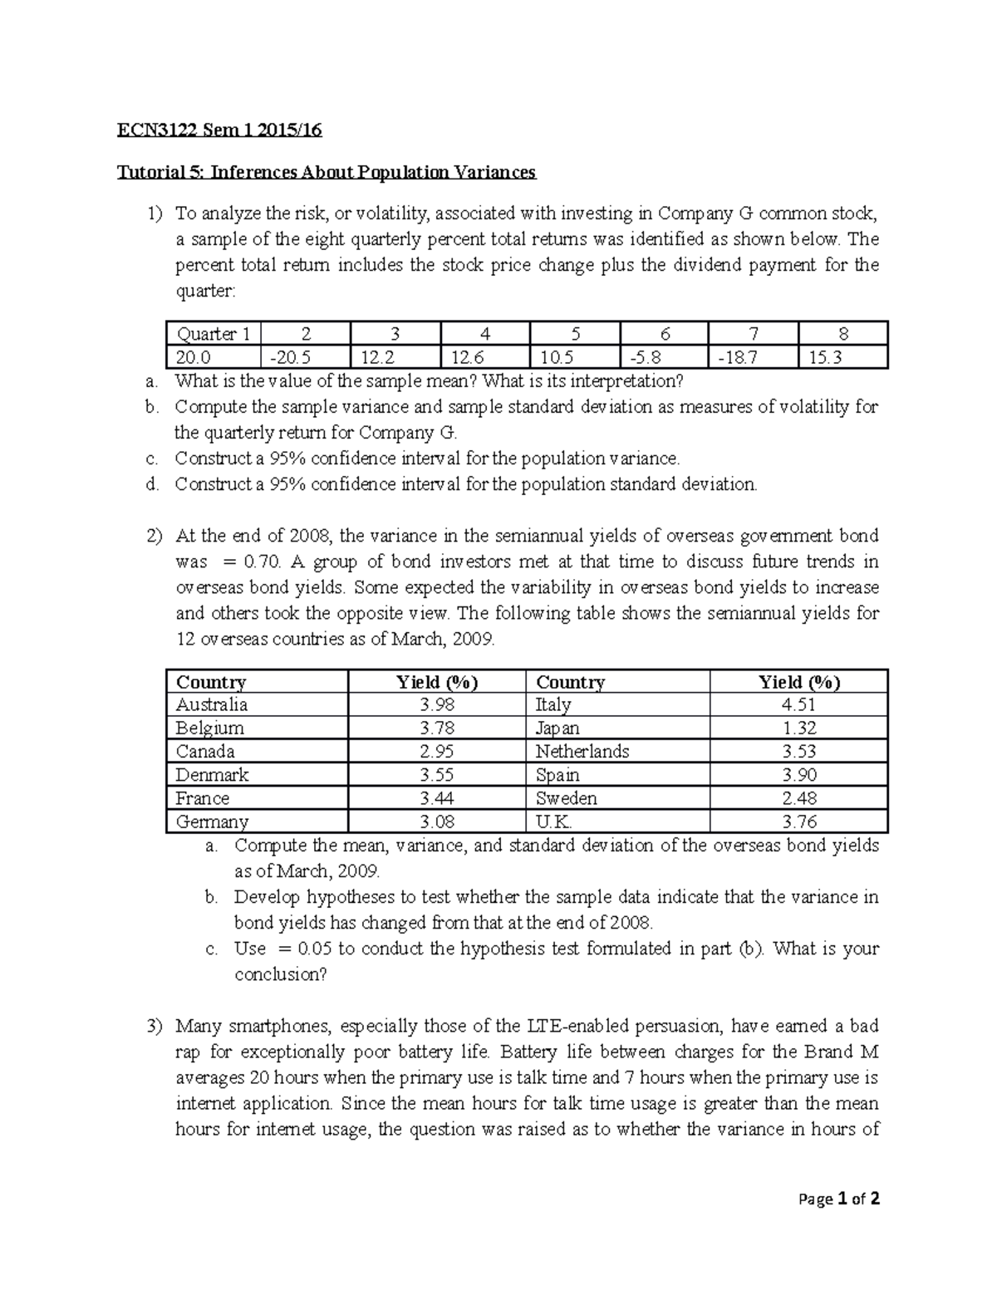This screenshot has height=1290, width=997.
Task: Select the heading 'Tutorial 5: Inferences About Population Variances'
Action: [327, 172]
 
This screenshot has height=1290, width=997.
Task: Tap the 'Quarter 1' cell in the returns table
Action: [213, 334]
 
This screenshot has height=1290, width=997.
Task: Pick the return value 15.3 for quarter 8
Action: [825, 357]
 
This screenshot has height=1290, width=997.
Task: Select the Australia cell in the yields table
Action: [212, 704]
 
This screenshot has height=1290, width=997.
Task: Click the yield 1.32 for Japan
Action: [798, 728]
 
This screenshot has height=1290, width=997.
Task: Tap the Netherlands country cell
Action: [582, 752]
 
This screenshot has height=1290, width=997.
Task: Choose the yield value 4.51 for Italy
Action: [798, 704]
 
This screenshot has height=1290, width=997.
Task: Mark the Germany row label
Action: [212, 822]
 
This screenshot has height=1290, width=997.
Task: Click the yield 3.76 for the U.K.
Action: [798, 822]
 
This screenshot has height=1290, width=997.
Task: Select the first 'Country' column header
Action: [211, 682]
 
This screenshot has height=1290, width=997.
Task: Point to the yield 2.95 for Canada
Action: [437, 752]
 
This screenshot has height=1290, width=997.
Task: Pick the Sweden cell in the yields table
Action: [567, 798]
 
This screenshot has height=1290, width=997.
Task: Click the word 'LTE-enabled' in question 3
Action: [568, 1027]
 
